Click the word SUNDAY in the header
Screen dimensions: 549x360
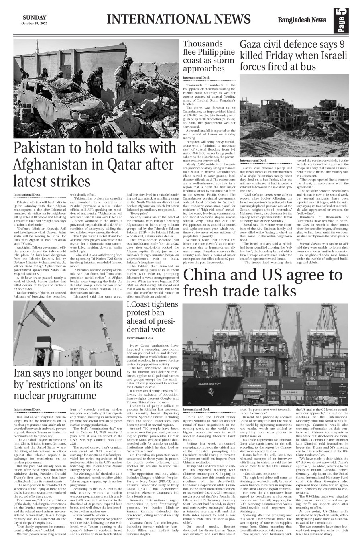pyautogui.click(x=34, y=17)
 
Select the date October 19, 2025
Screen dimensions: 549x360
pyautogui.click(x=34, y=23)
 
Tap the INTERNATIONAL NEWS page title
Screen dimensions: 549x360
pyautogui.click(x=179, y=19)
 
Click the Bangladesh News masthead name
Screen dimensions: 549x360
pyautogui.click(x=302, y=20)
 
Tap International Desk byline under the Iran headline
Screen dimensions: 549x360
pyautogui.click(x=26, y=410)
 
